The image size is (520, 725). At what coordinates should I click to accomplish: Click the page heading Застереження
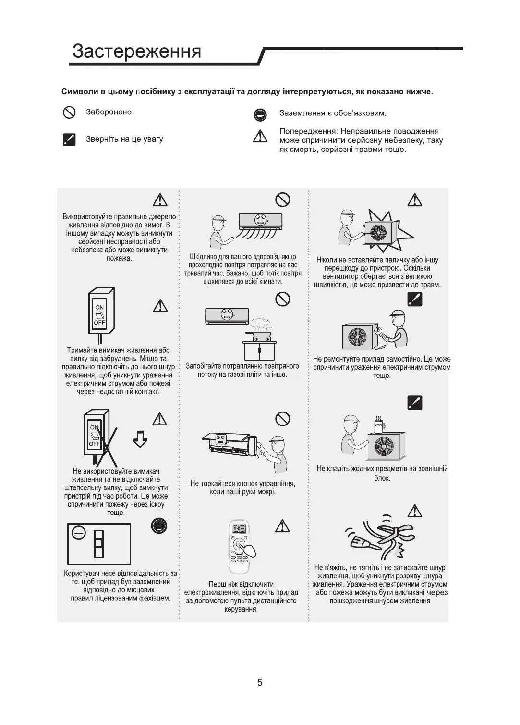pos(137,51)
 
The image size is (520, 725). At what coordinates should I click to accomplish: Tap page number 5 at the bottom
pos(260,682)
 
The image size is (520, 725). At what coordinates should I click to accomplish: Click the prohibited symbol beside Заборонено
pos(70,112)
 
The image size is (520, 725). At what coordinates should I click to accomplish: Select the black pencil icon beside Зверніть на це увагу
pos(70,139)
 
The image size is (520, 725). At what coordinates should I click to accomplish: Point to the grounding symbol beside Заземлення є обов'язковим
pos(259,114)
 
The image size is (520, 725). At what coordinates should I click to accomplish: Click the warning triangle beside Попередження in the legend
pos(260,137)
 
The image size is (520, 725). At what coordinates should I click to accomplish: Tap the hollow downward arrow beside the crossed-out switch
pos(140,438)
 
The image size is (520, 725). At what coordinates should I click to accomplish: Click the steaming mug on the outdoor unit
pos(379,425)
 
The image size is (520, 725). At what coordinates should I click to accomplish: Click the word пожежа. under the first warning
pos(119,259)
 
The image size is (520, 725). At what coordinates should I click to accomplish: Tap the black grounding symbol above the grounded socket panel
pos(159,526)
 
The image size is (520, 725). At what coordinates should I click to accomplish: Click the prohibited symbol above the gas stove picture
pos(283,299)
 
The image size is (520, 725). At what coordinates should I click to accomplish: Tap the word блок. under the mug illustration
pos(382,478)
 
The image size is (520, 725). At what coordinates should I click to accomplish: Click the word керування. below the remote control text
pos(241,609)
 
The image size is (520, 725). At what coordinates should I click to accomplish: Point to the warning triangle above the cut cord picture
pos(414,511)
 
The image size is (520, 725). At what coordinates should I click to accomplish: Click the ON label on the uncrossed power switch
pos(99,307)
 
